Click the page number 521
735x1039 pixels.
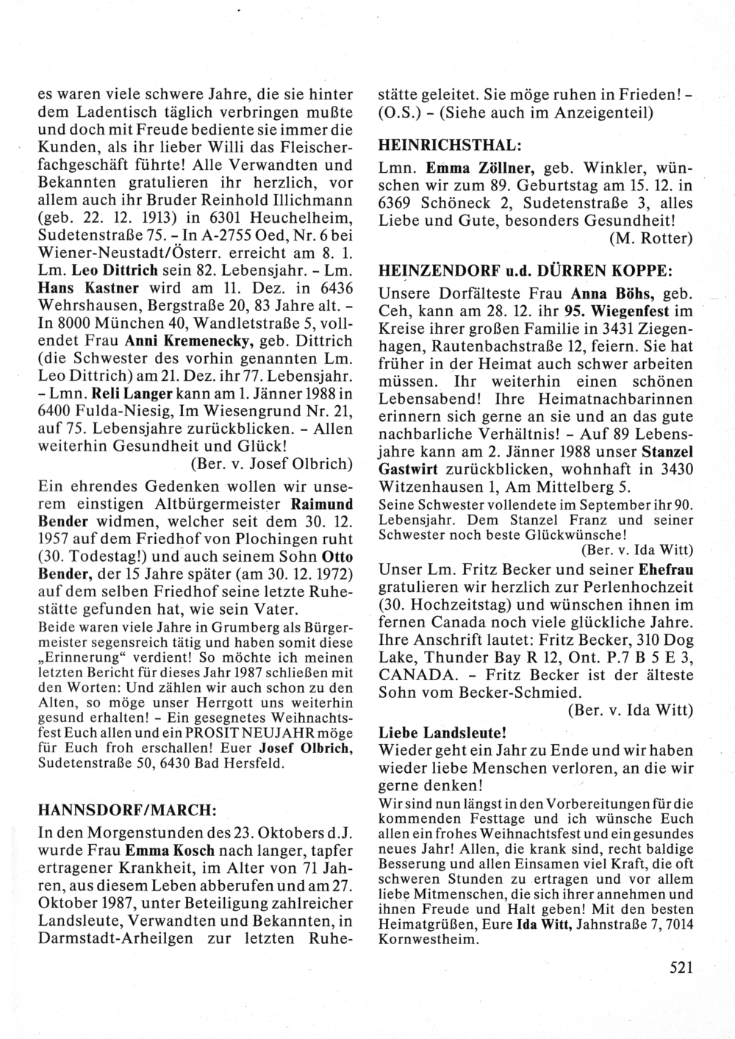pos(681,968)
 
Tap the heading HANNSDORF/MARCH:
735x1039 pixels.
pos(126,810)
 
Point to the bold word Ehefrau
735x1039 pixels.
pos(664,569)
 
